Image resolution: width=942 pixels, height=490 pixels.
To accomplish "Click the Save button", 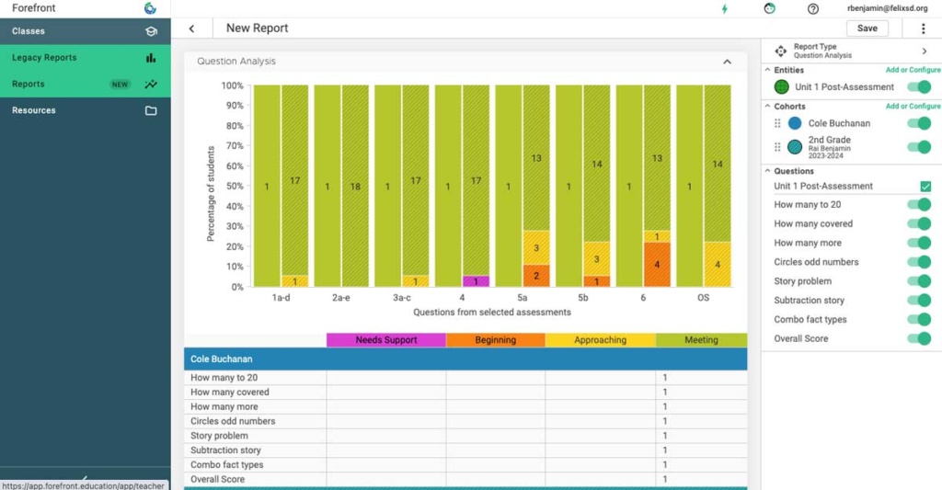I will click(x=867, y=28).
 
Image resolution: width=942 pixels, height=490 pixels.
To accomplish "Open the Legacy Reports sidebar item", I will click(x=44, y=58).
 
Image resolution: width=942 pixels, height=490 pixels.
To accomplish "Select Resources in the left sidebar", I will click(x=34, y=110).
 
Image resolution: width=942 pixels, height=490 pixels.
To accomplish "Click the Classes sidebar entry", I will click(x=29, y=31).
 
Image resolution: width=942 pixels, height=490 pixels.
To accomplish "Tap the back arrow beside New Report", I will click(x=191, y=28).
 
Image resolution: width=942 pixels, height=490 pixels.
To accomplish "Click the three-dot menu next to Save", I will click(x=923, y=28).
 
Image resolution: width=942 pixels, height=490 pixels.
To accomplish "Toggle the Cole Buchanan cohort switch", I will click(x=918, y=123).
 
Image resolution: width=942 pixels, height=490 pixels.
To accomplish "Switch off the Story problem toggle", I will click(x=918, y=281).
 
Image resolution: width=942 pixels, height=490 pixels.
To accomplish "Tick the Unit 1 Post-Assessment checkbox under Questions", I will click(x=925, y=187).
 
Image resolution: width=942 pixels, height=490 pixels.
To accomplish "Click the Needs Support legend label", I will click(x=386, y=340).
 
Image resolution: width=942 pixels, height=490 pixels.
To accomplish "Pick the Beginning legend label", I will click(x=495, y=340).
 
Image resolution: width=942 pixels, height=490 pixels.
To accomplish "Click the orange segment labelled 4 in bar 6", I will click(x=657, y=265).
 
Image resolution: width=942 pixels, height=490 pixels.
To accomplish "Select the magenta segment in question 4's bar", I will click(x=476, y=281).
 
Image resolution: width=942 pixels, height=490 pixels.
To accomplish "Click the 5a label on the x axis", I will click(x=523, y=298).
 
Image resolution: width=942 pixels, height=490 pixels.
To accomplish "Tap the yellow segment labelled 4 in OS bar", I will click(x=717, y=265).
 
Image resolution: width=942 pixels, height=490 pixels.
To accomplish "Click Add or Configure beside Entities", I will click(x=913, y=70).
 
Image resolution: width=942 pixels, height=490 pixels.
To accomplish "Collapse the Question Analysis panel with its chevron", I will click(x=727, y=62).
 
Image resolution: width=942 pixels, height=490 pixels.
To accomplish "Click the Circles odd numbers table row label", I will click(x=233, y=421).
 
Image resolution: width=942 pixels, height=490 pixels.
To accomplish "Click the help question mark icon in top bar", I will click(x=813, y=8).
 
